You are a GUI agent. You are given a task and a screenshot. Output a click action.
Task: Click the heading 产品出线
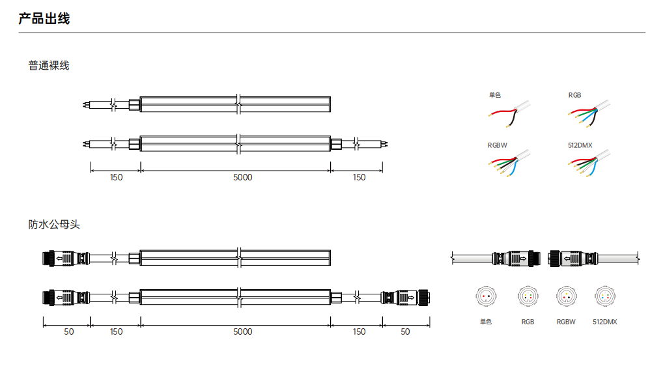pyautogui.click(x=44, y=19)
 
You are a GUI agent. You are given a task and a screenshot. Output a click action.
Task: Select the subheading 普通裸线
pyautogui.click(x=49, y=66)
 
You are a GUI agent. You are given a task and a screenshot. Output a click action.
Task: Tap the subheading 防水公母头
pyautogui.click(x=54, y=224)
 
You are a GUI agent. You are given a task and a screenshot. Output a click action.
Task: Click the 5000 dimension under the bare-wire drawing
pyautogui.click(x=243, y=177)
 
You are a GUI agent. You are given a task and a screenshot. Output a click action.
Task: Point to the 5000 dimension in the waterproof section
pyautogui.click(x=243, y=332)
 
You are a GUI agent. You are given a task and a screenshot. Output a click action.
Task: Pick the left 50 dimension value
pyautogui.click(x=69, y=332)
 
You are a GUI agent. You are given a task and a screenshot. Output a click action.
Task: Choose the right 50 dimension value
pyautogui.click(x=405, y=332)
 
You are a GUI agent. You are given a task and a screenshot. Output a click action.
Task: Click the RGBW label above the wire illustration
pyautogui.click(x=498, y=145)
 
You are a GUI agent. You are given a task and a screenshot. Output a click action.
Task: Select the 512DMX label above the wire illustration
pyautogui.click(x=580, y=145)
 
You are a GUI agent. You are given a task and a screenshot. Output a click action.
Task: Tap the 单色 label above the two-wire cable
pyautogui.click(x=495, y=95)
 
